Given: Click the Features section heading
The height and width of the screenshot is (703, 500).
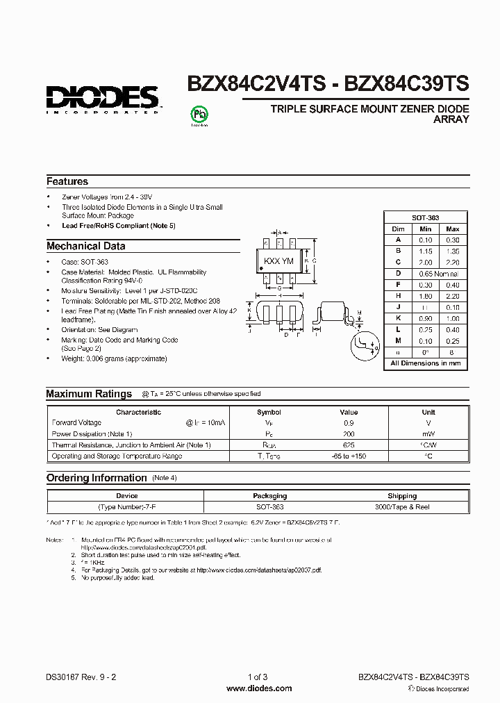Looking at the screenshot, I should point(67,181).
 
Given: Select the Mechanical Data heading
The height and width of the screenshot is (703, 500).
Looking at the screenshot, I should point(86,246).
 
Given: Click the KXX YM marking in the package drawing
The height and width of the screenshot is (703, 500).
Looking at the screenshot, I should point(278,261).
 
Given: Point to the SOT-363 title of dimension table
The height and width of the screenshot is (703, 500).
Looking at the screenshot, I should point(424,217).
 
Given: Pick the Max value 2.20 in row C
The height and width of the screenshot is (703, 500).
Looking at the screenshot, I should point(452,263).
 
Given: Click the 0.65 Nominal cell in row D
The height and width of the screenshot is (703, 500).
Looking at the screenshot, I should point(438,273).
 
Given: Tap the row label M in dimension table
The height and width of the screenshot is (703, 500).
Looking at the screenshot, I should point(398,340).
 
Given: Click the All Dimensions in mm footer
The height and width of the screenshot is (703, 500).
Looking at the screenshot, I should point(425,363).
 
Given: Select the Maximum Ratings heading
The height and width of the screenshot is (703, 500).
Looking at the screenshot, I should point(89,394).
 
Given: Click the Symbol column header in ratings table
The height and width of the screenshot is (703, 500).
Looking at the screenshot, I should point(269,412).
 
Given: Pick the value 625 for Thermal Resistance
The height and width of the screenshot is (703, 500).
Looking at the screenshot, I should point(349,445).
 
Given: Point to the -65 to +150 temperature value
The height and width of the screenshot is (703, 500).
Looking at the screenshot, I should point(349,456).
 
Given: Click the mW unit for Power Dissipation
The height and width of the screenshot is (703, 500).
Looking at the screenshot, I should point(428,433).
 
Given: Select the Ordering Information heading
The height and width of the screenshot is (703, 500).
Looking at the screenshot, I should point(97,478).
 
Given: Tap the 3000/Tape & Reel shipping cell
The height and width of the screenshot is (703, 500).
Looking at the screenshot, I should point(402,507).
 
